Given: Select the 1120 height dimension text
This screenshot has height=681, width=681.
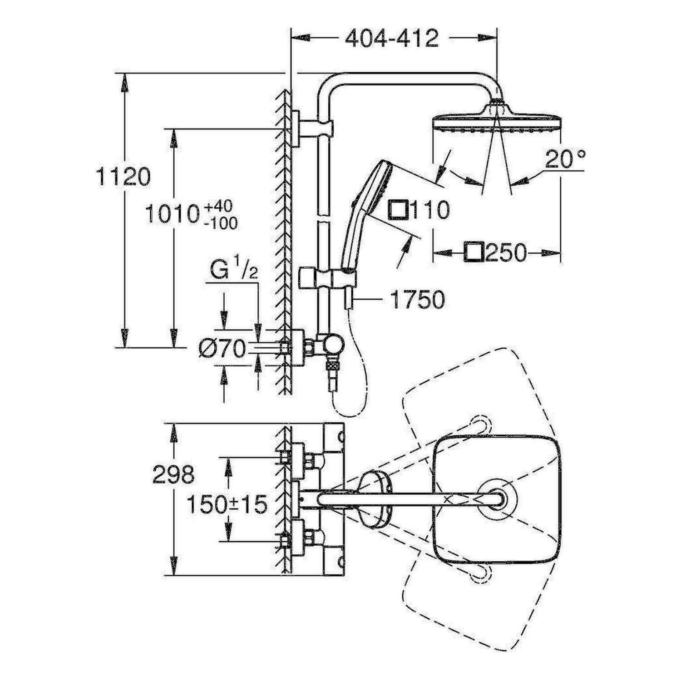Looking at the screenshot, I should coord(123,177).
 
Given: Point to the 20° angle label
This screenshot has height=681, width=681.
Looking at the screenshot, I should coord(566,160).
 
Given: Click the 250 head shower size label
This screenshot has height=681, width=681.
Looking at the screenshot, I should coord(505,252).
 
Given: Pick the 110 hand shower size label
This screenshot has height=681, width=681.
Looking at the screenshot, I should coord(429,210).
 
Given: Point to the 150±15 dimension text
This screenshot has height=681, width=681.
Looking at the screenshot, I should coord(227,504).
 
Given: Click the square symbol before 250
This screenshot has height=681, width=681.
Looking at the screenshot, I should coord(474,252).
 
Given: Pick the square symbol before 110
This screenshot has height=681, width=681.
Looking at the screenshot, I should coord(399,210).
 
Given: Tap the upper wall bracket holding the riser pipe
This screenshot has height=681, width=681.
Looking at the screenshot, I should coord(313,128).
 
